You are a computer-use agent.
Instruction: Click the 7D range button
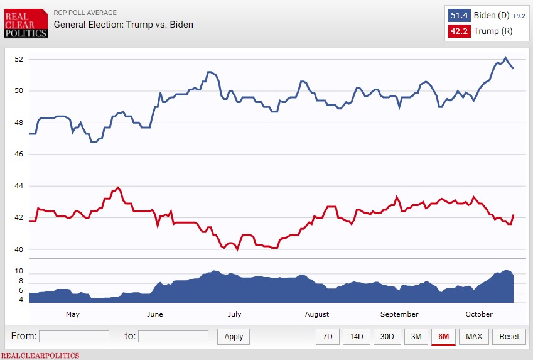click(x=328, y=336)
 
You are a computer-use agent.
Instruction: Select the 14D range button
click(x=357, y=336)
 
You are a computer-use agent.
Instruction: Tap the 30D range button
click(x=387, y=336)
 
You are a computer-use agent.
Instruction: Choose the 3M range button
click(x=416, y=336)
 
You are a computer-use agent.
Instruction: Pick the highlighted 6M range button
click(x=444, y=336)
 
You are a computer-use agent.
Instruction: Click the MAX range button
click(x=474, y=336)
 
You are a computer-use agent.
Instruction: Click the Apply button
click(x=234, y=336)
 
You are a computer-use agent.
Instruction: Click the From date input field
click(x=74, y=336)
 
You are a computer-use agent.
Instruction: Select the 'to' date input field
click(x=173, y=336)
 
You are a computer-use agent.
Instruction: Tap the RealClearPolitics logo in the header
click(x=26, y=23)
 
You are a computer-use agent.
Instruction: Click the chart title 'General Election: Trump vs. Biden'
click(x=123, y=25)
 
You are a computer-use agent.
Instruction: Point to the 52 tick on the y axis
click(x=19, y=59)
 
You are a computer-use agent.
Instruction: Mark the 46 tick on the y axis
click(x=19, y=155)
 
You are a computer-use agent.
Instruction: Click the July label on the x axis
click(x=234, y=314)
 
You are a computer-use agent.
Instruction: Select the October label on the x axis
click(x=480, y=314)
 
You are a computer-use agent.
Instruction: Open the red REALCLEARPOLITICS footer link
click(x=40, y=356)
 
